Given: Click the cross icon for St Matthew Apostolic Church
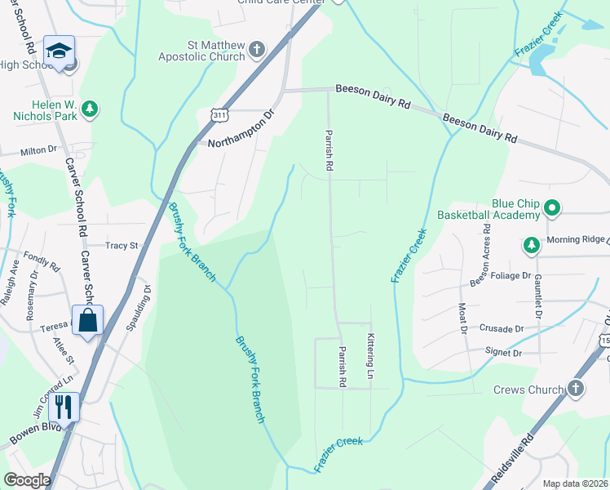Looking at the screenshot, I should point(257,49).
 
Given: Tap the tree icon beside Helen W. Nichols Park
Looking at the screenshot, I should point(90,109).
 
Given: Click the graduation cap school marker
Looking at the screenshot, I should point(59,51).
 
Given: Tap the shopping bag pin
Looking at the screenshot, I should point(87,319).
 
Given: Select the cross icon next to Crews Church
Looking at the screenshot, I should point(576,389).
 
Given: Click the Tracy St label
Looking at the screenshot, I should point(122,245).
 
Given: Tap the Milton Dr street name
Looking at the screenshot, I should point(39,150).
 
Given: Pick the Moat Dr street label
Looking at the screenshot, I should point(462,318).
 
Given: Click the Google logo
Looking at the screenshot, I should point(27,480).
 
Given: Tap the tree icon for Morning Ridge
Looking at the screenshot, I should point(531,244).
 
